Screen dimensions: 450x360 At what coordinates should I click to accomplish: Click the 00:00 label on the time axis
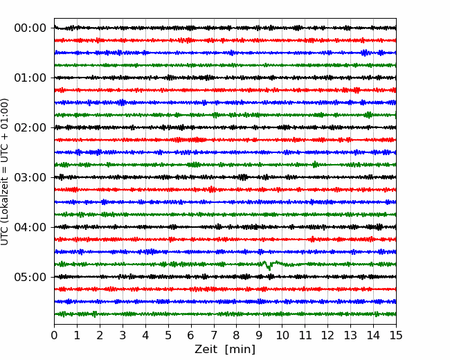(x=30, y=28)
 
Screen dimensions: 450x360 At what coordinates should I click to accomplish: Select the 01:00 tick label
(x=30, y=78)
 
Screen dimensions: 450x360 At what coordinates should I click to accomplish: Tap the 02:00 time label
(x=30, y=127)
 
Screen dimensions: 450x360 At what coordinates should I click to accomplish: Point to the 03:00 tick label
(x=30, y=177)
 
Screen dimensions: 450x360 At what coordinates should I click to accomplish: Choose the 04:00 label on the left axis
(x=30, y=227)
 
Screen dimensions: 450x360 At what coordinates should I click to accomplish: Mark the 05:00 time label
(x=30, y=277)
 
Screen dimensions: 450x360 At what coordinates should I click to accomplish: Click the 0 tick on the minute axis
(x=54, y=335)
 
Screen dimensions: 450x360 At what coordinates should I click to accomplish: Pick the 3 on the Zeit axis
(x=123, y=335)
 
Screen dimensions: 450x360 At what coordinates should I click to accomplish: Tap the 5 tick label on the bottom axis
(x=168, y=335)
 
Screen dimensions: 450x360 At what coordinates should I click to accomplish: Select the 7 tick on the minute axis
(x=214, y=335)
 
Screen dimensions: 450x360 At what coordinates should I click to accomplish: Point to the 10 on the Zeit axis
(x=282, y=335)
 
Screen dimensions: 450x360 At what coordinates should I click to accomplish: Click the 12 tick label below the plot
(x=327, y=335)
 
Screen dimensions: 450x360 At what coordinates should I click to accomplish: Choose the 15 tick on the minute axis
(x=396, y=335)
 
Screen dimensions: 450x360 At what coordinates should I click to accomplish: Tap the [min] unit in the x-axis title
(x=240, y=350)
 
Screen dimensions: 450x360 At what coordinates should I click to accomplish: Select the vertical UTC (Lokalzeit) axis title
(x=5, y=172)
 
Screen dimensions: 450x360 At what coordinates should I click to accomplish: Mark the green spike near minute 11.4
(x=315, y=164)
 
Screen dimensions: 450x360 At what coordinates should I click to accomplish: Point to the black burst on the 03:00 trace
(x=244, y=177)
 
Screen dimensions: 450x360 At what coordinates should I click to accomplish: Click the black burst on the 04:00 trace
(x=378, y=227)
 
